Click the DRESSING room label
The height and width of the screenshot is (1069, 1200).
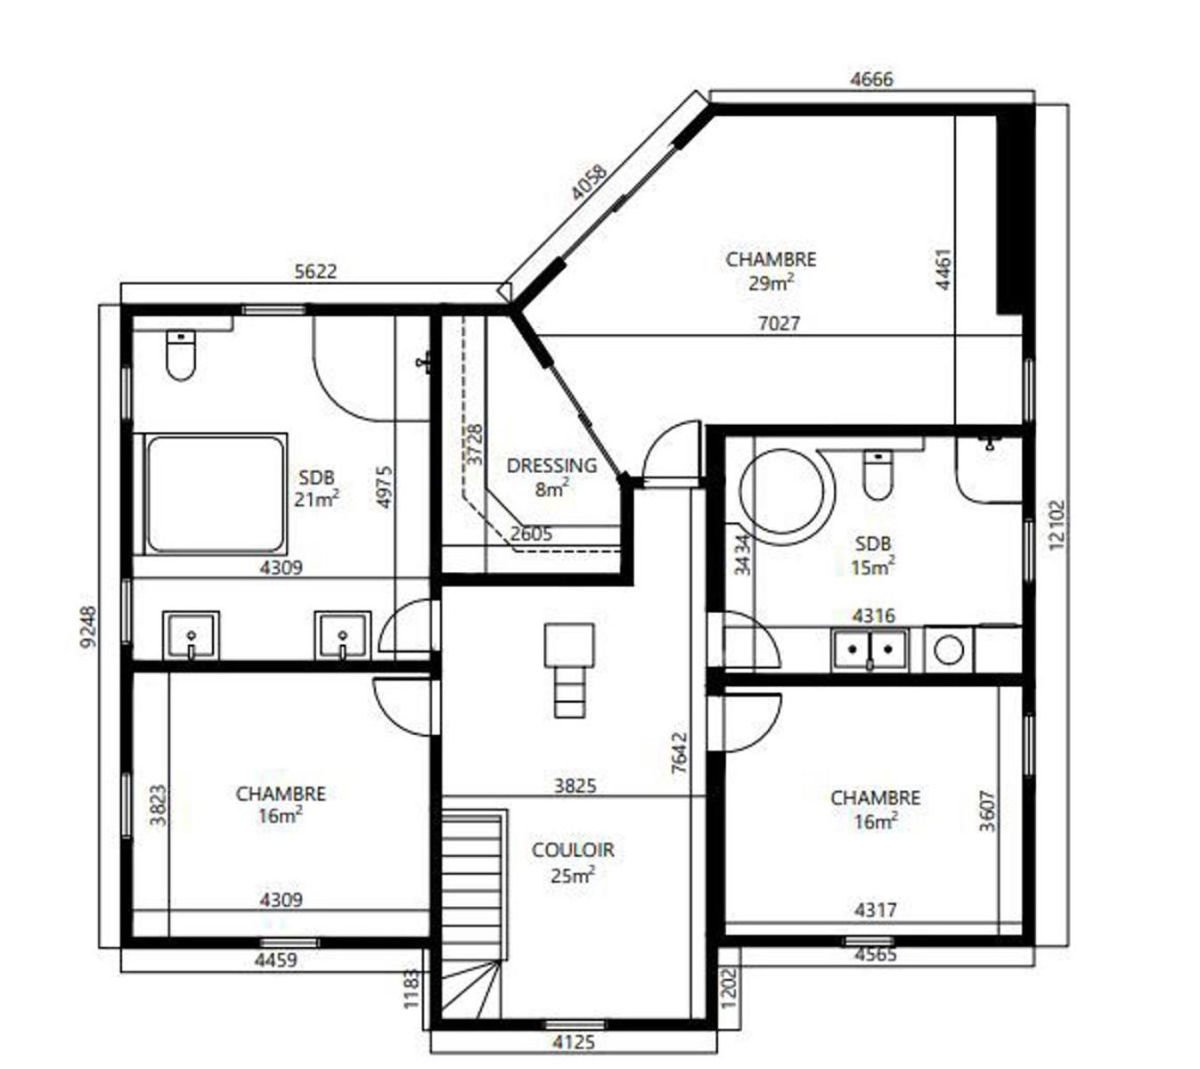pyautogui.click(x=551, y=466)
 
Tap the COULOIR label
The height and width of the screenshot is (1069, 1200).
pyautogui.click(x=572, y=850)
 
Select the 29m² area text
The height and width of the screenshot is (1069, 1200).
pyautogui.click(x=771, y=283)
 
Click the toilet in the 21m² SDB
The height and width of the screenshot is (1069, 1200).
pyautogui.click(x=181, y=355)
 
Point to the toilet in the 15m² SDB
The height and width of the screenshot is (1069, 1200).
pyautogui.click(x=878, y=475)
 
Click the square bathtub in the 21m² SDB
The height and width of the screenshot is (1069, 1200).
pyautogui.click(x=216, y=494)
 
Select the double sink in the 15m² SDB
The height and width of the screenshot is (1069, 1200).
pyautogui.click(x=869, y=650)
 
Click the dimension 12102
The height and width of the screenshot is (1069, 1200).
pyautogui.click(x=1057, y=525)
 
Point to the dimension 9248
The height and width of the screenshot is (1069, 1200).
pyautogui.click(x=87, y=627)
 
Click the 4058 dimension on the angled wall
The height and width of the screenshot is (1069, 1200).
pyautogui.click(x=590, y=183)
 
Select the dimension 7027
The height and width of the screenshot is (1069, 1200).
pyautogui.click(x=779, y=323)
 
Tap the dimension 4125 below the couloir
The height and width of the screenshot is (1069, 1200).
pyautogui.click(x=574, y=1041)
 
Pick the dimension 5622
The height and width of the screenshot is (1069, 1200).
pyautogui.click(x=315, y=271)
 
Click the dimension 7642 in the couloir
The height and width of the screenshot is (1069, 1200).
pyautogui.click(x=680, y=753)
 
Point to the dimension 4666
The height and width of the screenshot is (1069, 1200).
pyautogui.click(x=871, y=79)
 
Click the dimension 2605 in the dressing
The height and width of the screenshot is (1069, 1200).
pyautogui.click(x=531, y=534)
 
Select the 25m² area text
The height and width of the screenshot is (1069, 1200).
pyautogui.click(x=572, y=875)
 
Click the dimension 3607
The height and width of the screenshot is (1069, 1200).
pyautogui.click(x=987, y=812)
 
